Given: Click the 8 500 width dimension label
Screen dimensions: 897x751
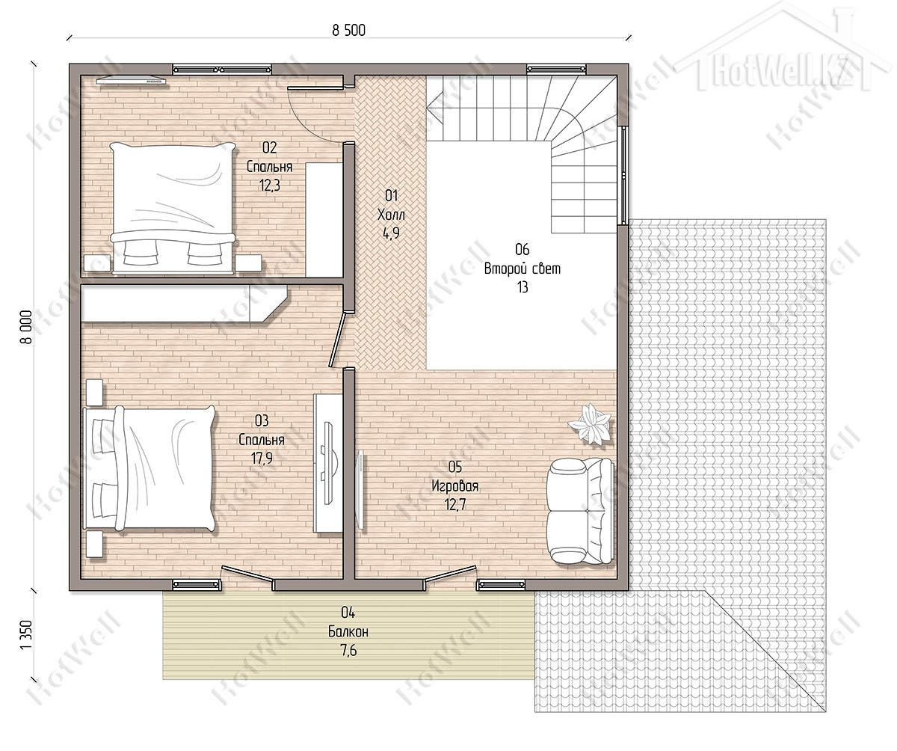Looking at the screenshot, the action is [348, 31].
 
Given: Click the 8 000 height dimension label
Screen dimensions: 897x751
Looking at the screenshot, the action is [26, 327].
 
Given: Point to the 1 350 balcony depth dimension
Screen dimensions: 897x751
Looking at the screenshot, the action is [26, 635].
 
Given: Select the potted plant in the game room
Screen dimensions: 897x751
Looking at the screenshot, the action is [590, 423].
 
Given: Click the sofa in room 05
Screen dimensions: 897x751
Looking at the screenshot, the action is [579, 511].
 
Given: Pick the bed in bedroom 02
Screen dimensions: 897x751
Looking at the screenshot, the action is [173, 208].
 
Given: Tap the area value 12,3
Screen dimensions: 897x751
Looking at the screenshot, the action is [269, 186].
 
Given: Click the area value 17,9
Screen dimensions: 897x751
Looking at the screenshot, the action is [262, 459].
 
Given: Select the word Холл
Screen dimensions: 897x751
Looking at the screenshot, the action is [391, 215].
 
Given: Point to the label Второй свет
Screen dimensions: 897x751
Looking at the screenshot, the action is [523, 269].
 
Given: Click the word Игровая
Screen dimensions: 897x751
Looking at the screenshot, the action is [455, 486].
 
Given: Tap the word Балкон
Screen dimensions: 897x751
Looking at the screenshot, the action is [348, 631].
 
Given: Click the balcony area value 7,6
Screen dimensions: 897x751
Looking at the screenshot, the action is [348, 651].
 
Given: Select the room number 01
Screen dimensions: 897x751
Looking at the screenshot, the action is [391, 195].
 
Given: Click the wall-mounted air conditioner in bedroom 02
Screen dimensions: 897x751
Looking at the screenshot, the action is [132, 80].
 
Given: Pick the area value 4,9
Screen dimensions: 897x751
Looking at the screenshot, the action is [391, 233].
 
